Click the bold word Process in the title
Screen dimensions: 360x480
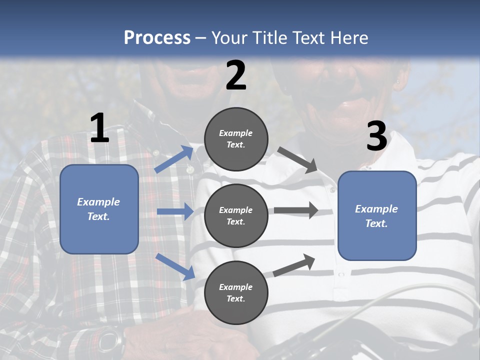tap(157, 38)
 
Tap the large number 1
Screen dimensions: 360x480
tap(99, 128)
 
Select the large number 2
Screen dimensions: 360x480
tap(236, 75)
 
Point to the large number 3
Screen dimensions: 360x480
tap(376, 136)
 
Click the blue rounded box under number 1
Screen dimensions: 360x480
tap(99, 209)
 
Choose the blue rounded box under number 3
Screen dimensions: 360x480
tap(377, 215)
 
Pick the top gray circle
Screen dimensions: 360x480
tap(236, 139)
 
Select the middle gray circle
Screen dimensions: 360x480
tap(236, 215)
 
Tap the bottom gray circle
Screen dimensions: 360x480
tap(236, 292)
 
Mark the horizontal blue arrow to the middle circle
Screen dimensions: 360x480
tap(175, 211)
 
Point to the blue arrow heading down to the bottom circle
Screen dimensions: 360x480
tap(175, 266)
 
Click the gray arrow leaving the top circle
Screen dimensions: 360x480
tap(298, 160)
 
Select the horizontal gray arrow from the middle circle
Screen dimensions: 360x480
tap(295, 210)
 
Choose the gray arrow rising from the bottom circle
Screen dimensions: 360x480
tap(294, 265)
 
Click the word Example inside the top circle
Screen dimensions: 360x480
tap(236, 133)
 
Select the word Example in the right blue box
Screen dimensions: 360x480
tap(376, 209)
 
